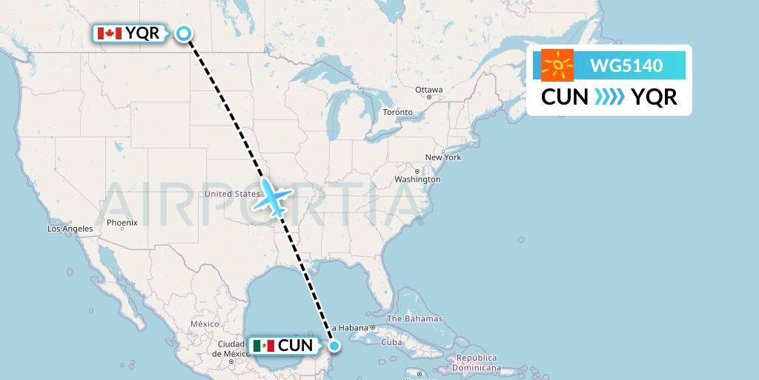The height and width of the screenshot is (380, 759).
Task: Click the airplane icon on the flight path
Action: pos(273,197)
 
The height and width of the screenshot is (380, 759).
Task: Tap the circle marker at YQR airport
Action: pos(183,33)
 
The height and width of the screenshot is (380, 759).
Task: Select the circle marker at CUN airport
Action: pos(334,345)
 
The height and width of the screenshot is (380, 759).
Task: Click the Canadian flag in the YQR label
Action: pos(109,33)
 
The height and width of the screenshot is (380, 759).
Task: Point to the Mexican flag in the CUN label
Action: pos(263,345)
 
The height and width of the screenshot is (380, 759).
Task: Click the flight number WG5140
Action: pos(626,65)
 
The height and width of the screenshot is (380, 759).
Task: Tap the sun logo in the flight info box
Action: pos(557,65)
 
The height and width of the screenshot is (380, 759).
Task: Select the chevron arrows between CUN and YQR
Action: pos(609,97)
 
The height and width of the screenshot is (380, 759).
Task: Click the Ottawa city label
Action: pos(428,90)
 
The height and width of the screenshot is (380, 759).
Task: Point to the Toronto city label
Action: pos(397,112)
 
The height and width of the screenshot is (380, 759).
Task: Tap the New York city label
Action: pos(443,157)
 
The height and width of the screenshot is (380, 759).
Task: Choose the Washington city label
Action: pos(417,180)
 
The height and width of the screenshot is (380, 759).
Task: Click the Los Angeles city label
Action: pos(70,229)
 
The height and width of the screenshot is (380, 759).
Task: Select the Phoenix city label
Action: pos(122,222)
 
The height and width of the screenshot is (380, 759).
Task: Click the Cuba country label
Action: pos(391,343)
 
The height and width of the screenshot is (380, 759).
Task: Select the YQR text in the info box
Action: pos(654,97)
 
